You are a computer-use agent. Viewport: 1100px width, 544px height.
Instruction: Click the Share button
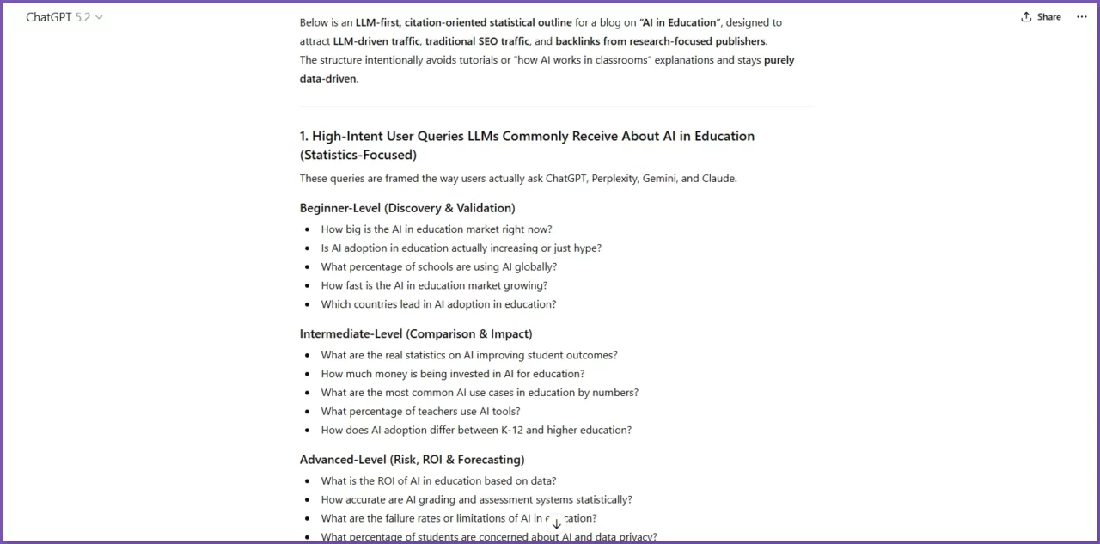click(1041, 17)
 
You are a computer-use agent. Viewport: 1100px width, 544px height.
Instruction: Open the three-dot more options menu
click(1081, 17)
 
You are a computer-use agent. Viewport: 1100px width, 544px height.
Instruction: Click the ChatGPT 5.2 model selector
click(64, 17)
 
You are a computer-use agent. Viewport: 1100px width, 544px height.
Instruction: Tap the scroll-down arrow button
click(556, 523)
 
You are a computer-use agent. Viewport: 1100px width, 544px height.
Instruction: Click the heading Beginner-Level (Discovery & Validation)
click(407, 208)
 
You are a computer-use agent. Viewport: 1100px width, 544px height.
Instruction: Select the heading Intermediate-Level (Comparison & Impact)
click(416, 333)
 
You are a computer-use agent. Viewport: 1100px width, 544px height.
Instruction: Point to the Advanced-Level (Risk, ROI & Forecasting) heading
click(412, 459)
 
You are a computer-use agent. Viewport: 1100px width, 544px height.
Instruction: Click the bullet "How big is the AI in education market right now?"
click(437, 229)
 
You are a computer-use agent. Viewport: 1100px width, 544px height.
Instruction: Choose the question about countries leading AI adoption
click(438, 304)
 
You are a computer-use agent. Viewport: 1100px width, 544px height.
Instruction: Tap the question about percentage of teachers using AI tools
click(420, 411)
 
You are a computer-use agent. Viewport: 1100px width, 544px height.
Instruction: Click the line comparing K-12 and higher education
click(476, 430)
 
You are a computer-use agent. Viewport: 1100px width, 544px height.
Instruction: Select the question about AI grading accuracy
click(476, 499)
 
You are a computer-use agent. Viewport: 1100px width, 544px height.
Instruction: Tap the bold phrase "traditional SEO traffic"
click(477, 41)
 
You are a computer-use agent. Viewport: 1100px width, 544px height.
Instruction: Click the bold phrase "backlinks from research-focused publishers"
click(659, 41)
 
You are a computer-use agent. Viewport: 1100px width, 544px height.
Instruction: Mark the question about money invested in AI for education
click(453, 374)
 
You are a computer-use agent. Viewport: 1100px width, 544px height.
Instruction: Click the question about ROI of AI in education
click(438, 480)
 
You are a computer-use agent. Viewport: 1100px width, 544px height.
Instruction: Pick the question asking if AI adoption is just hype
click(461, 248)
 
